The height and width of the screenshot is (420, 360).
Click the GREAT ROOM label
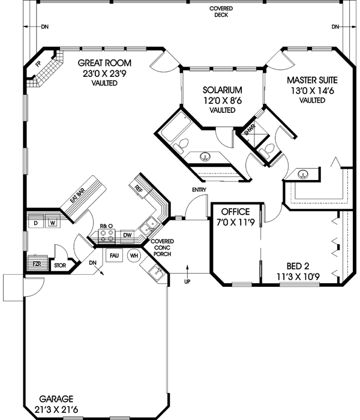pos(106,63)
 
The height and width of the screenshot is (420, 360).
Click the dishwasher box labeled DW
pos(127,236)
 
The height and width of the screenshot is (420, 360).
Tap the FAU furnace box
pos(114,255)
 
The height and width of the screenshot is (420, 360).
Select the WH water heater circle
pos(134,255)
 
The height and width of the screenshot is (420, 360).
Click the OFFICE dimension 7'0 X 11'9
pos(236,223)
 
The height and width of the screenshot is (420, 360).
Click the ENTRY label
pos(199,190)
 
